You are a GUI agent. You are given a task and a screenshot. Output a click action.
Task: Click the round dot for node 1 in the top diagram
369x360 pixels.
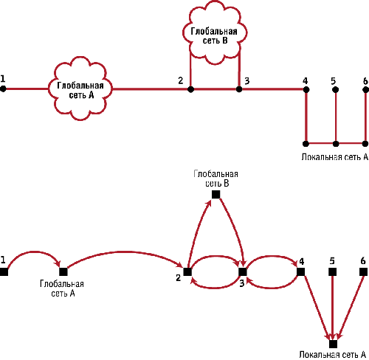click(x=3, y=89)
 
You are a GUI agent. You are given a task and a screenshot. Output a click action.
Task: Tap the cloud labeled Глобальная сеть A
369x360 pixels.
click(x=80, y=89)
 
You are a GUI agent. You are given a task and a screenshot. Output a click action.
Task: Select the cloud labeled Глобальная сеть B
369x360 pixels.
click(x=215, y=32)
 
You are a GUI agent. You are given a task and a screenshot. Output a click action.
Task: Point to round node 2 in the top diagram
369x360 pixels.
click(x=190, y=89)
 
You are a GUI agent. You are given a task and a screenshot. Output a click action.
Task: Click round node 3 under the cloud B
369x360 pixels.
click(x=239, y=89)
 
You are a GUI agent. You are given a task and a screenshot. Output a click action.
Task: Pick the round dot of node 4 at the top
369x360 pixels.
click(x=306, y=89)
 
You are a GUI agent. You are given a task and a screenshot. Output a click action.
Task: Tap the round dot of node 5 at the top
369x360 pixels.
click(x=335, y=89)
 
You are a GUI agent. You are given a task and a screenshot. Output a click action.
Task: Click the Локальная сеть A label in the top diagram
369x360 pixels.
click(x=335, y=157)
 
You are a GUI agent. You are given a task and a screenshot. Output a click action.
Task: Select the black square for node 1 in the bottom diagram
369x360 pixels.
click(x=4, y=272)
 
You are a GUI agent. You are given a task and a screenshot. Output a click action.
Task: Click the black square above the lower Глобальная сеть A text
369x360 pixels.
click(x=63, y=271)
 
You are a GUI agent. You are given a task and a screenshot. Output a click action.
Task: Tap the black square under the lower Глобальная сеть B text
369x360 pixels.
click(x=216, y=195)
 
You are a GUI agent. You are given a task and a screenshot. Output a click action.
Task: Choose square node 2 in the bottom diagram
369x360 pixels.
click(x=187, y=272)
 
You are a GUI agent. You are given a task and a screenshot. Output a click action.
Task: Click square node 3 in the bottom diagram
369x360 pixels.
click(x=243, y=272)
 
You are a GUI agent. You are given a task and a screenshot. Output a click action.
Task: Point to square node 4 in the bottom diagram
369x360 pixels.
click(x=300, y=272)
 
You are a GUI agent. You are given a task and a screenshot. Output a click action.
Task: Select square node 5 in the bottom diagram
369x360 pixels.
click(x=332, y=272)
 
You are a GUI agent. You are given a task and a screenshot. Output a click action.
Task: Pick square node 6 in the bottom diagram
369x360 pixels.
click(x=363, y=272)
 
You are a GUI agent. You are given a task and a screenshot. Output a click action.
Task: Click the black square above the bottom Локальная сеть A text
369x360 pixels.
click(x=333, y=344)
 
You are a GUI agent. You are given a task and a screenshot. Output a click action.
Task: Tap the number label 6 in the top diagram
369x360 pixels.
click(x=365, y=80)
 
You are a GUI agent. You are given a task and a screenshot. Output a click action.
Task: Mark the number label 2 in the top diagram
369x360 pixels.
click(x=181, y=80)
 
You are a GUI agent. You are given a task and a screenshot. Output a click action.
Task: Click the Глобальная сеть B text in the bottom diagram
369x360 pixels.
click(x=216, y=179)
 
